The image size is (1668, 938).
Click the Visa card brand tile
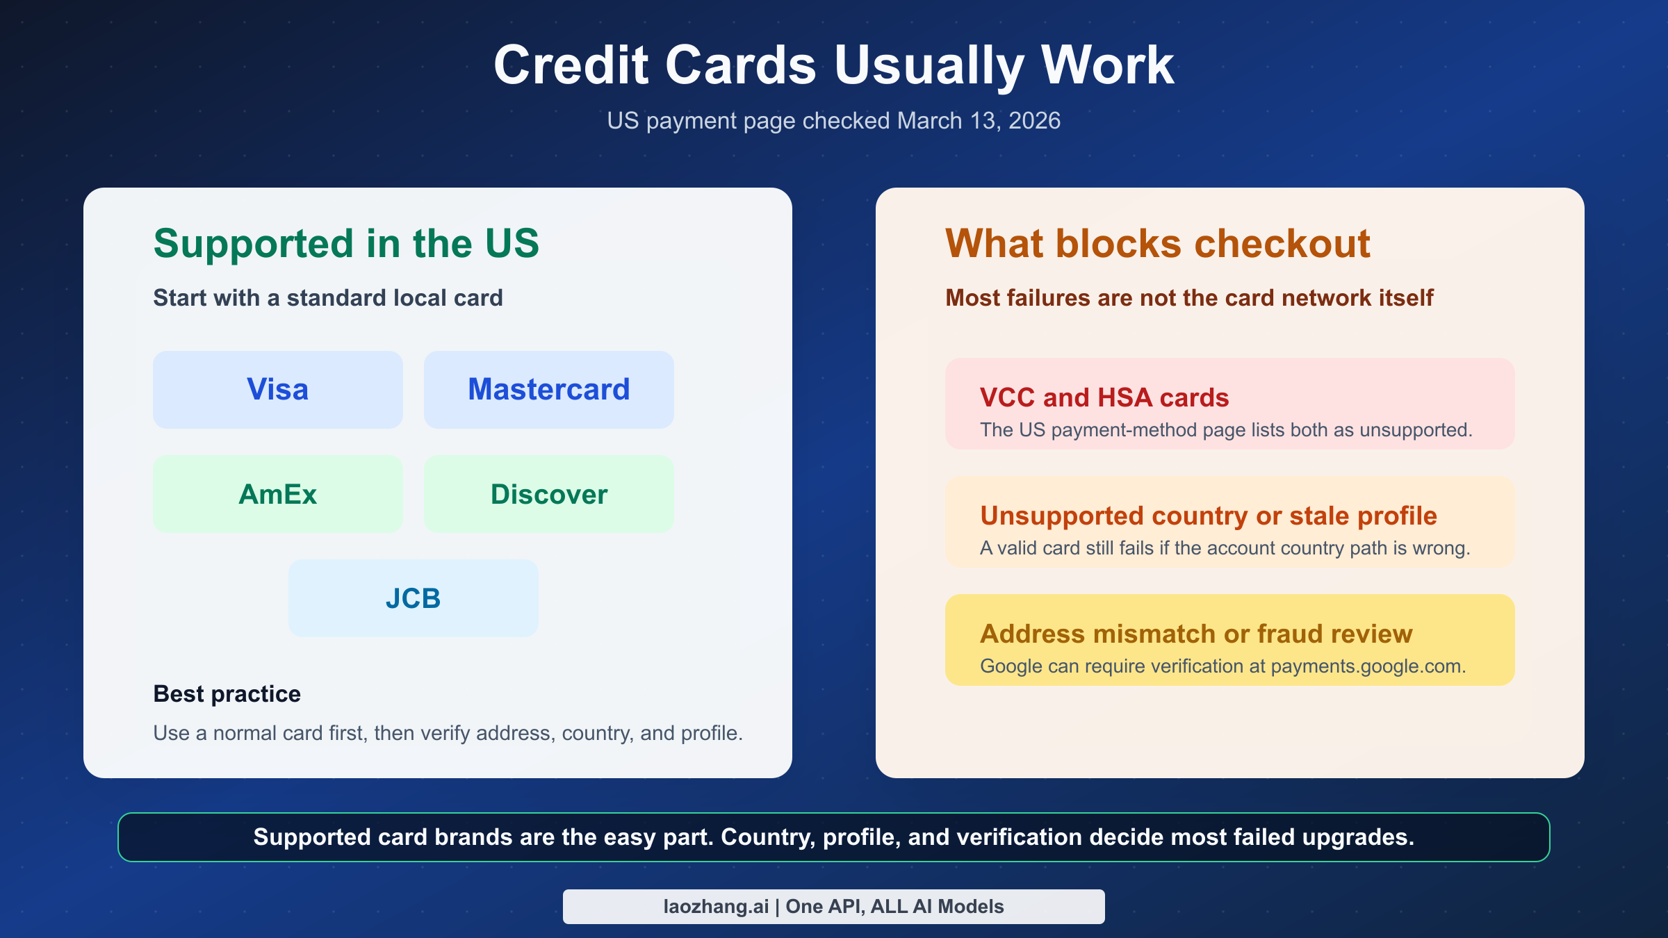pos(277,390)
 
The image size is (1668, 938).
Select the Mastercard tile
pos(548,390)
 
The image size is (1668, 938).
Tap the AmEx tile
pos(277,494)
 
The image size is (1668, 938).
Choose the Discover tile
pos(548,494)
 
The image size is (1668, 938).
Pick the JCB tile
pos(413,598)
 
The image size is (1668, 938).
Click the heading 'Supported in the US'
pos(346,244)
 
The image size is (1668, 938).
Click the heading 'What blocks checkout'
pos(1157,244)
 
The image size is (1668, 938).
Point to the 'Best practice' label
pos(227,693)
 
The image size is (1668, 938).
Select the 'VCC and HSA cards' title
pos(1104,397)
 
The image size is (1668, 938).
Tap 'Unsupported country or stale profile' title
pos(1208,516)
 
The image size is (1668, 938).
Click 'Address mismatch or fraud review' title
pos(1195,634)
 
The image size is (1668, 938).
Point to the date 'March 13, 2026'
pos(979,121)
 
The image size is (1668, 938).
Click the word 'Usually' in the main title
pos(929,66)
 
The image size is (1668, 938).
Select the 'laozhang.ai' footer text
pos(716,907)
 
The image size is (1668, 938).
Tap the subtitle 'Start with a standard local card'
pos(327,298)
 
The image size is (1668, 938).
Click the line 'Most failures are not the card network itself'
pos(1188,298)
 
